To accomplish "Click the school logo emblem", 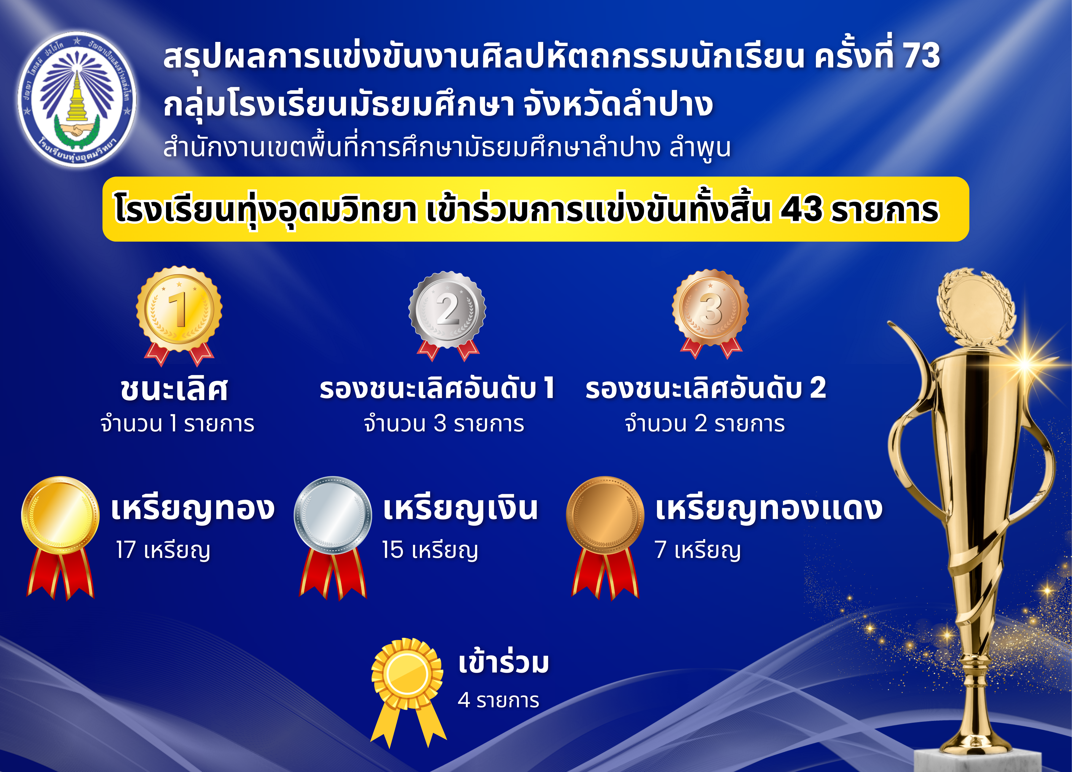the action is (x=77, y=99).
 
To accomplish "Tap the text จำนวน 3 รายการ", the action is (x=444, y=424).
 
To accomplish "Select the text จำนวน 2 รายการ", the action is (x=705, y=424).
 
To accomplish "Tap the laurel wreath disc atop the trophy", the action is (x=976, y=307).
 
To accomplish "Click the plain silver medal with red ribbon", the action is (x=333, y=538).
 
